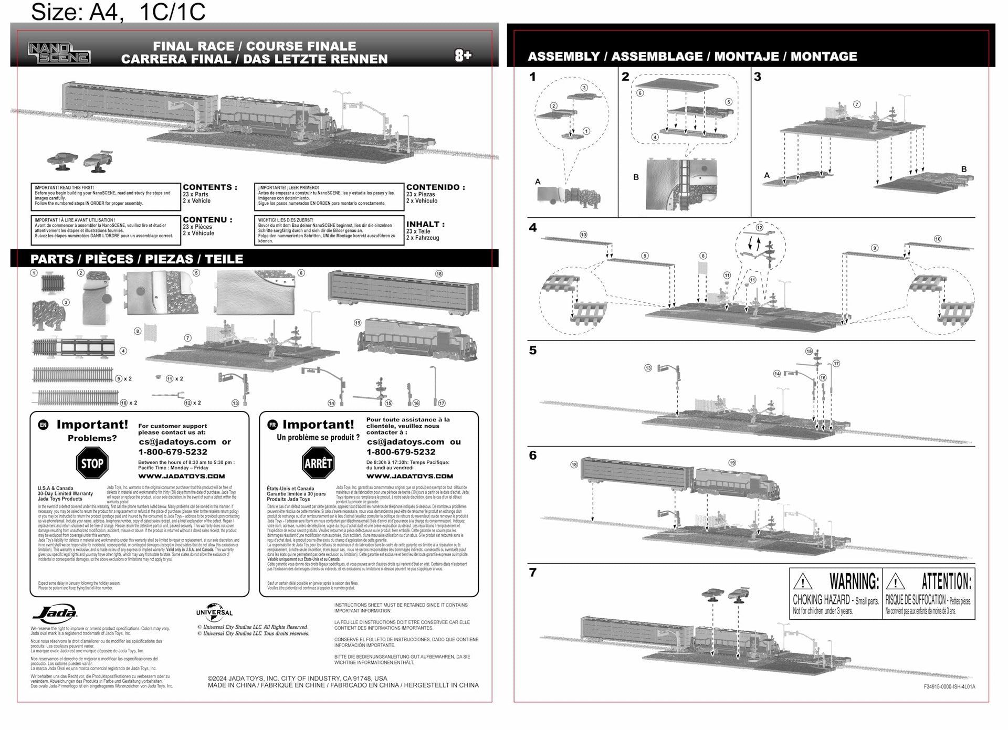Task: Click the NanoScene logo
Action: [x=59, y=53]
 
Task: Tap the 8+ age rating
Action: [x=463, y=55]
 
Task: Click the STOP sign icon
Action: [x=92, y=463]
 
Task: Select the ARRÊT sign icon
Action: [x=318, y=463]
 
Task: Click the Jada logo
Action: [x=55, y=613]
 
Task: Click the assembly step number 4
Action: [x=533, y=228]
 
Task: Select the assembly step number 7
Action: [x=533, y=572]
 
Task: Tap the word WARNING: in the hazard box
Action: [x=854, y=581]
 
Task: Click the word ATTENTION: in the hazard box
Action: [x=946, y=581]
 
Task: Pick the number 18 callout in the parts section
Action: [x=439, y=273]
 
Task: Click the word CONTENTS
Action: [x=207, y=187]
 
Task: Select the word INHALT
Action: [x=425, y=224]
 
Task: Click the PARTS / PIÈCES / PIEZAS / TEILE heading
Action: [x=136, y=259]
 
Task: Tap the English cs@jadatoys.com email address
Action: [x=177, y=442]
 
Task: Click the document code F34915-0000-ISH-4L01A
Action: [x=949, y=686]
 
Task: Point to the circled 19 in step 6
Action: [x=732, y=463]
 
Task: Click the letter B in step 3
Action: [x=964, y=169]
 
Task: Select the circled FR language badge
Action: [x=272, y=425]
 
